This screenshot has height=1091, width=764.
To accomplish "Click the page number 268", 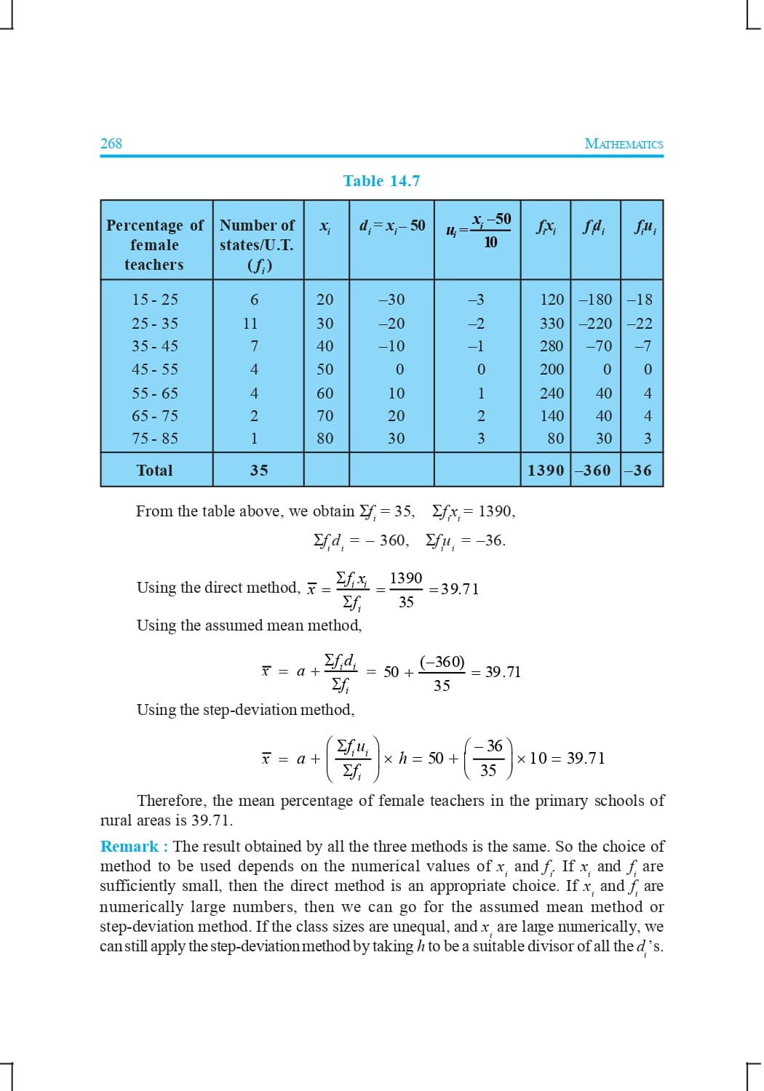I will point(111,143).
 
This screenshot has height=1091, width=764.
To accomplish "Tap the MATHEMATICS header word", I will point(624,144).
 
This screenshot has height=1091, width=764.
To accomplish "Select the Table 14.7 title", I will point(381,181).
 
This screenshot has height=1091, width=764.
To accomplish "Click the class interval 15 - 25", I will point(155,300).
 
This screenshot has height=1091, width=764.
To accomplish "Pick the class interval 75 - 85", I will point(155,439).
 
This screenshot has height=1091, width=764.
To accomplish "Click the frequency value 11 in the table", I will point(250,324).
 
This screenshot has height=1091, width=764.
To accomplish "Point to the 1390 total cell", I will point(546,471).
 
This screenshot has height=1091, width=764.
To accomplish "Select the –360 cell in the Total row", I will point(592,471).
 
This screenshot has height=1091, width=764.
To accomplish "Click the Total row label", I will point(155,471).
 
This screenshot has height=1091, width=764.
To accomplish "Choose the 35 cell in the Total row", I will point(259,471).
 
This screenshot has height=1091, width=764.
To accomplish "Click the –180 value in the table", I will point(595,300).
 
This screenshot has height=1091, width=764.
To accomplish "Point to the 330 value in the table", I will point(552,324).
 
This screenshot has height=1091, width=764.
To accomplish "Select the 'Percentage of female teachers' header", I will point(155,245).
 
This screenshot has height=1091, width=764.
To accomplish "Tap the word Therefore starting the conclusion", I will point(171,801).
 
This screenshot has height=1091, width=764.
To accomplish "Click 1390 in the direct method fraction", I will point(406,578).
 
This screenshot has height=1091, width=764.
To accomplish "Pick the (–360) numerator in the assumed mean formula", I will point(442,662).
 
